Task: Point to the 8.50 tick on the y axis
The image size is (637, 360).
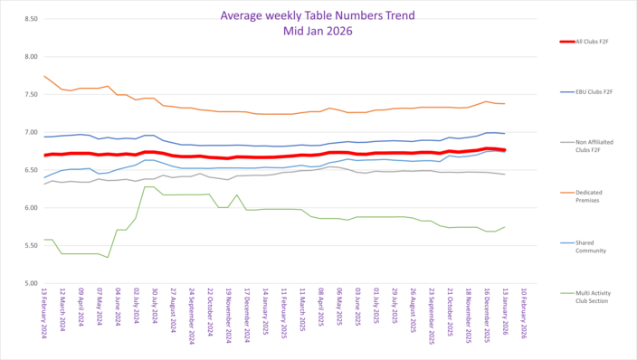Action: pos(29,19)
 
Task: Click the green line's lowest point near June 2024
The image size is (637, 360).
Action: pos(109,258)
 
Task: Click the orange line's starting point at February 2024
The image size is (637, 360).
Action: pos(44,76)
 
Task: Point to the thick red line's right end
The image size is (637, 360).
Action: pos(505,150)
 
